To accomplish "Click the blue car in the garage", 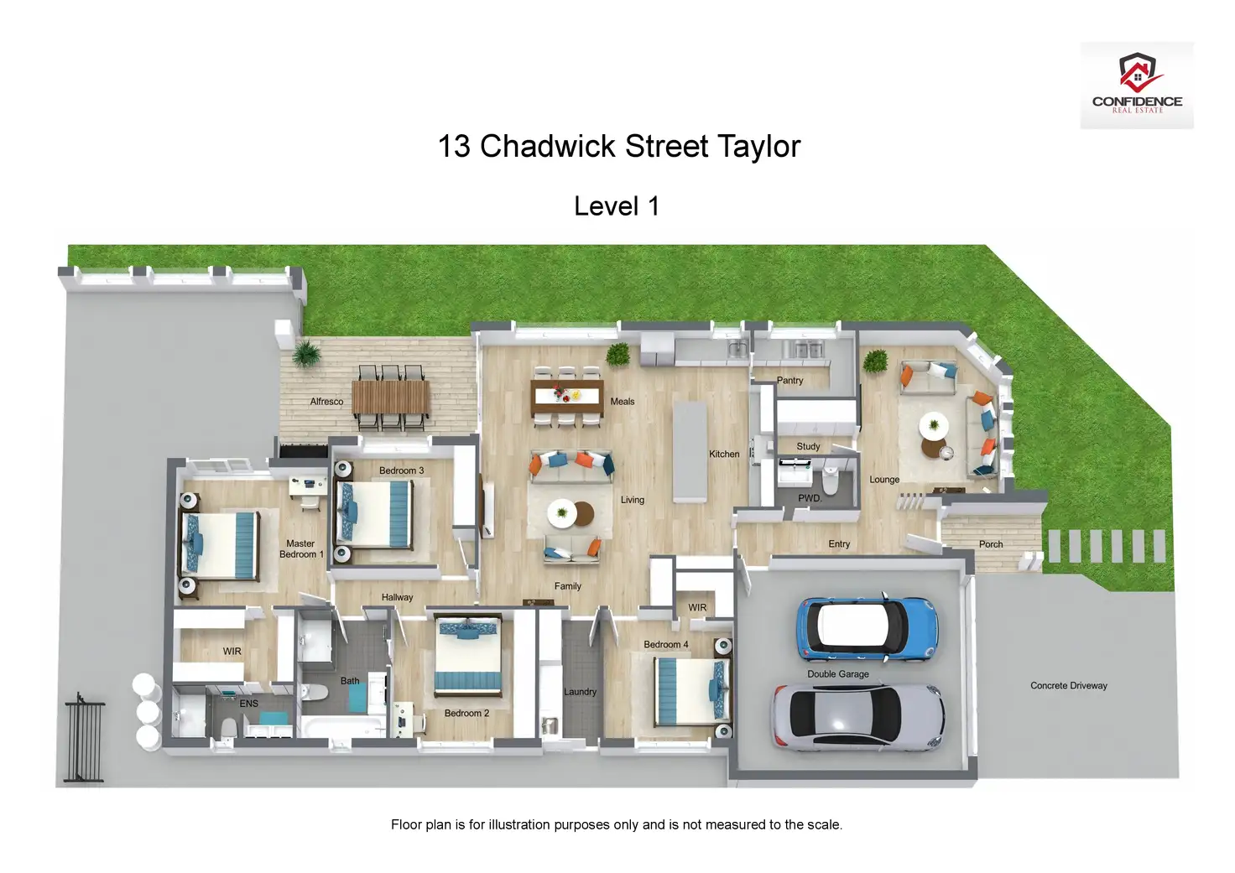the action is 865,629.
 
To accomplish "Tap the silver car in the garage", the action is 857,717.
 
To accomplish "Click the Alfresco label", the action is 326,402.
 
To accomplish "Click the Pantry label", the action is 789,381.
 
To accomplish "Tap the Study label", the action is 808,447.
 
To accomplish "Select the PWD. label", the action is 810,498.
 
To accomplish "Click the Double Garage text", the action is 837,674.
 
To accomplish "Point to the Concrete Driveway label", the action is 1068,686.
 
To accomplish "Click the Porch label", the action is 991,544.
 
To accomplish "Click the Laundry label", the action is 580,692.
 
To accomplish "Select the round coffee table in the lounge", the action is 932,426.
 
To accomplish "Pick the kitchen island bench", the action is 690,451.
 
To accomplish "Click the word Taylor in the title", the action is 758,147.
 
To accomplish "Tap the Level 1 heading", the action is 617,206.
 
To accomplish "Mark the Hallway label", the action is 397,598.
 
